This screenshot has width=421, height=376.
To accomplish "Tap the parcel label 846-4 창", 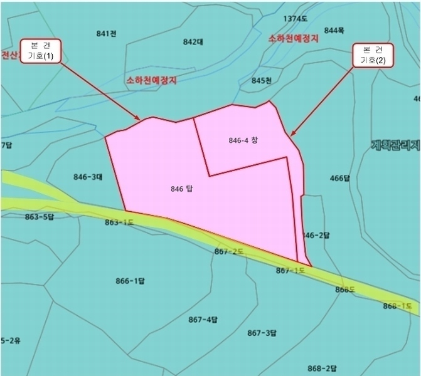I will [243, 141].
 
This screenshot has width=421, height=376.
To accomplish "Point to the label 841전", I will [107, 33].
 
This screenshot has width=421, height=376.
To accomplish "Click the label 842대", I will [193, 42].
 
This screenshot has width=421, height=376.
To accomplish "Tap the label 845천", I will [261, 80].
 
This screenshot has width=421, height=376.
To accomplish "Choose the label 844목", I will [334, 30].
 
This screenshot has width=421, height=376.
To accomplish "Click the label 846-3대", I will [88, 177].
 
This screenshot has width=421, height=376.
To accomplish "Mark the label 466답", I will [339, 178].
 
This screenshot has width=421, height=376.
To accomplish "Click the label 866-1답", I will [131, 280].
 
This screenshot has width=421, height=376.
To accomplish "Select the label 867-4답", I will [203, 320].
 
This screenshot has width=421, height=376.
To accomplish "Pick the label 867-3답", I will [262, 332].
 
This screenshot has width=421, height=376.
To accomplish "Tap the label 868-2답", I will [323, 368].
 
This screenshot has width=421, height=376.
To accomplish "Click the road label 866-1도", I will [398, 306].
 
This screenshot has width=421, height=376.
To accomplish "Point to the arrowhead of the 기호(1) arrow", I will [139, 119].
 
